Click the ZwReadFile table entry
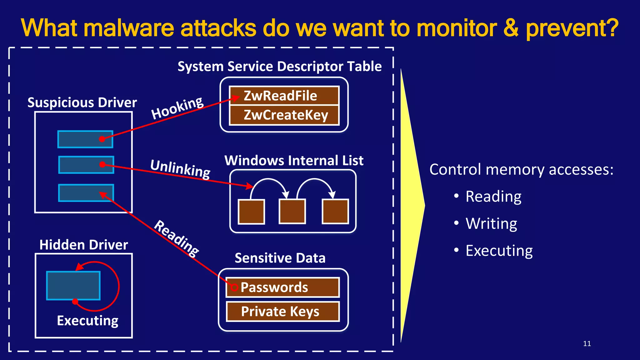[284, 96]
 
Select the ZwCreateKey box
[284, 115]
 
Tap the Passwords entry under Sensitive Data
[282, 287]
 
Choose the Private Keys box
[282, 312]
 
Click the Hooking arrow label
[177, 108]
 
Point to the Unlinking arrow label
[180, 169]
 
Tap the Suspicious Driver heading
[82, 102]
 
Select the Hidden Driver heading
[84, 245]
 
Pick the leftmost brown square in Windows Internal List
[251, 212]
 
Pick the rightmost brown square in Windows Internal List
[335, 212]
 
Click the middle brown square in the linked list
[292, 212]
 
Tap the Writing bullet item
[491, 223]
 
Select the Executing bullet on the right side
[499, 251]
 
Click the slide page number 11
[587, 344]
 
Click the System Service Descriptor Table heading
[279, 67]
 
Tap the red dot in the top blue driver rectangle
[102, 139]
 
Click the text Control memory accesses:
[521, 170]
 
